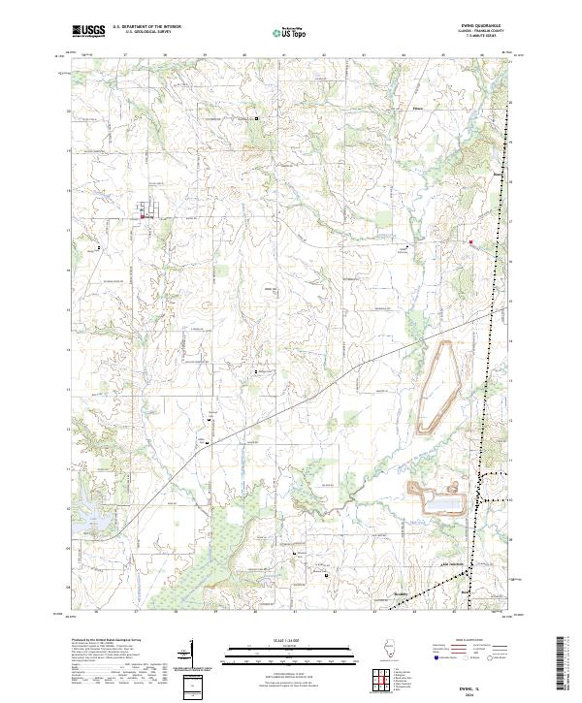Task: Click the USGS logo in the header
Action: click(x=88, y=30)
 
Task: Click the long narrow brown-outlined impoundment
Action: click(x=437, y=385)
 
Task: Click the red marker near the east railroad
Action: click(x=470, y=241)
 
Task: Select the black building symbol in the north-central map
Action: click(x=257, y=118)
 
